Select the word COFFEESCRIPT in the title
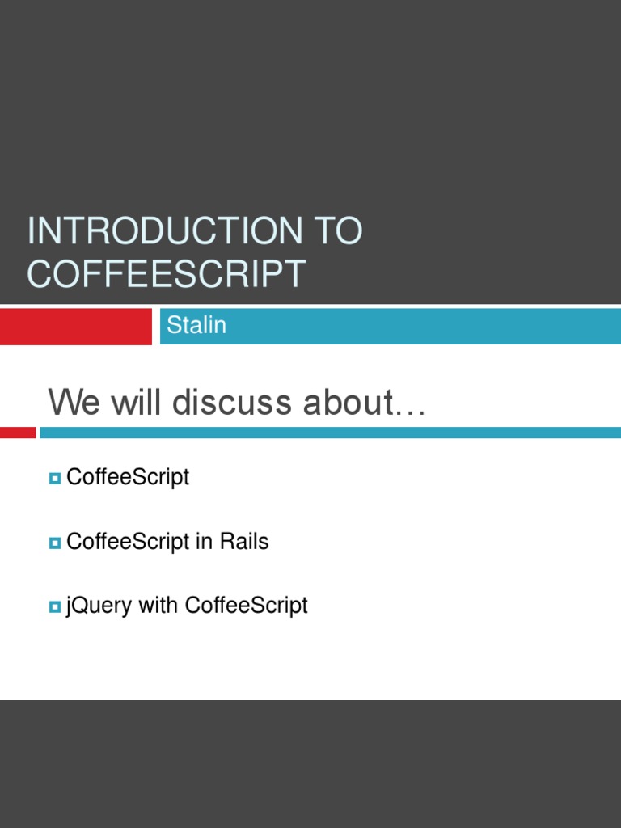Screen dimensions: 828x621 [167, 273]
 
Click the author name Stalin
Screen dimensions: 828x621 [196, 325]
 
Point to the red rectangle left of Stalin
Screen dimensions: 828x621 [75, 326]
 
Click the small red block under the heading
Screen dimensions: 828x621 [18, 433]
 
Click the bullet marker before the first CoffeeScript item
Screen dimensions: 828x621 [55, 479]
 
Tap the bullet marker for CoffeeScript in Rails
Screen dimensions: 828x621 [55, 543]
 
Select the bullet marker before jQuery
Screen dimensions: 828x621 [55, 606]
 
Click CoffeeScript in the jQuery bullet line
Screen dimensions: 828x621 [246, 605]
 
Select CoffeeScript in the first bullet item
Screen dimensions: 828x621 [128, 477]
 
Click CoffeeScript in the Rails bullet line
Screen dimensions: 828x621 [128, 542]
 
